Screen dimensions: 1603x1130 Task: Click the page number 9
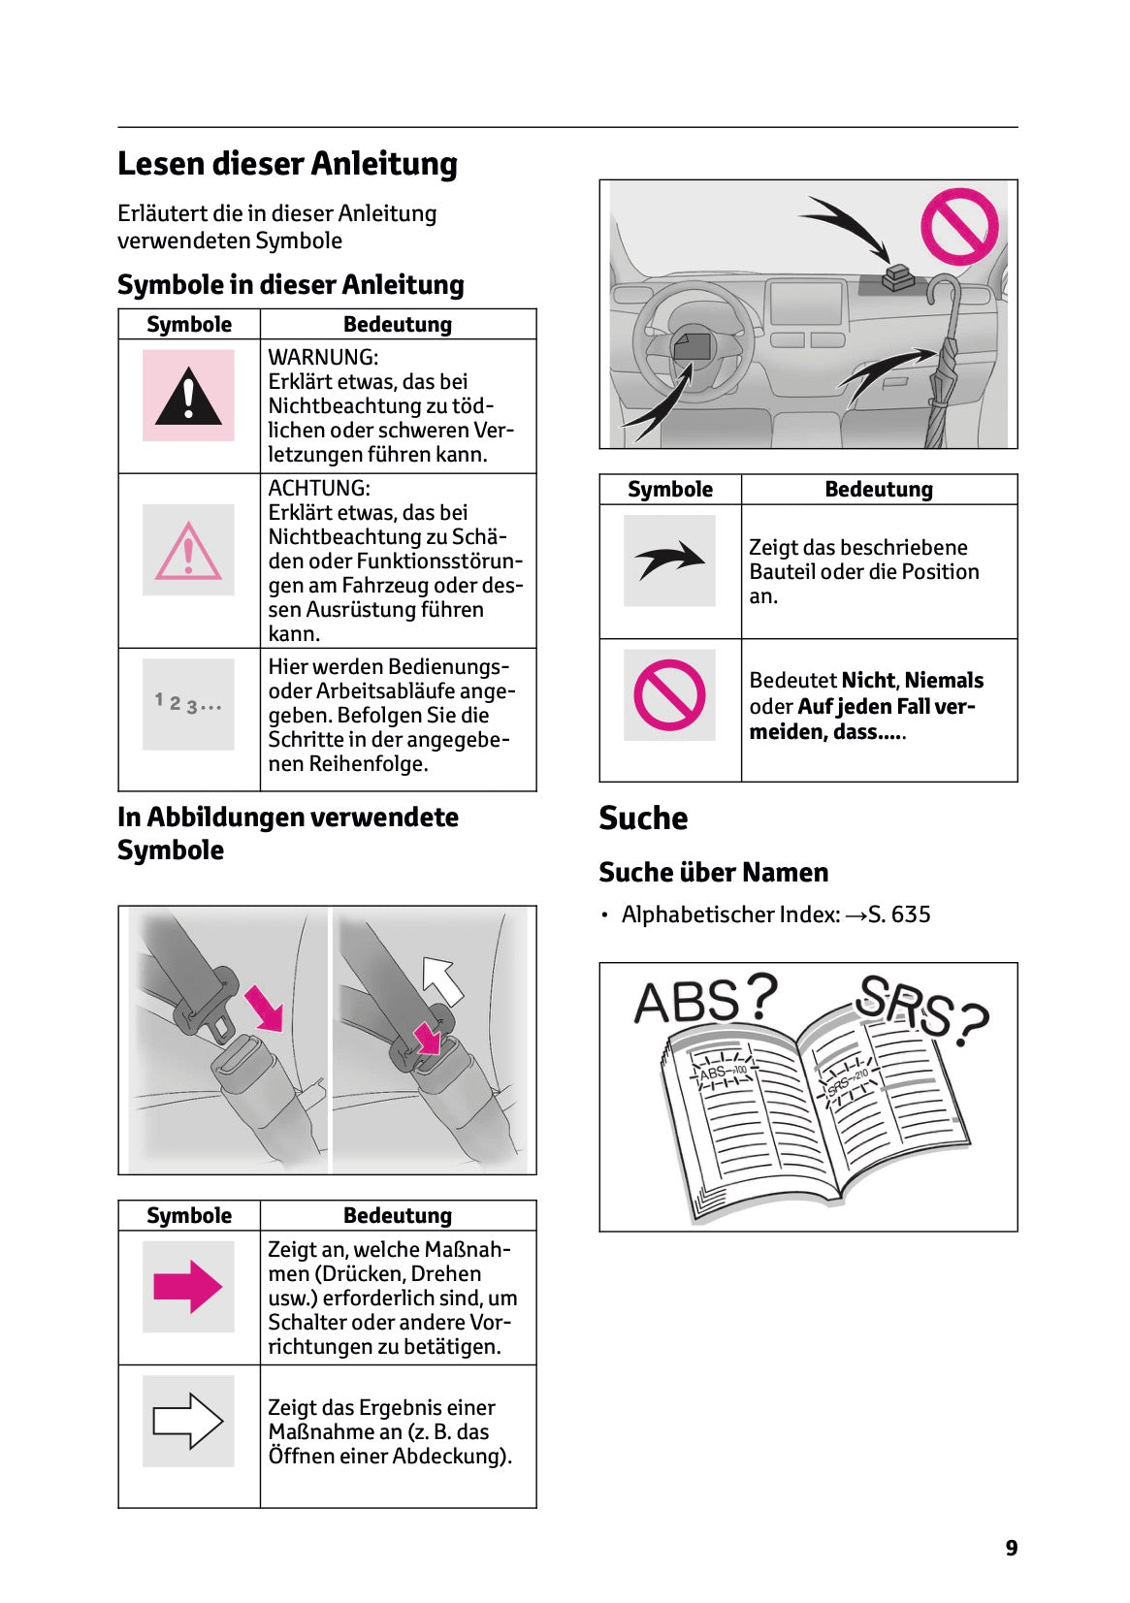point(1011,1548)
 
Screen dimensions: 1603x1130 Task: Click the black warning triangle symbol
point(188,398)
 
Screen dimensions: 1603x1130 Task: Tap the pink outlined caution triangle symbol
point(188,552)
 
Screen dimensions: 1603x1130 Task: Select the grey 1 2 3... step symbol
point(188,703)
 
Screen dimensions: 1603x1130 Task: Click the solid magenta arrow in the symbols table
point(188,1287)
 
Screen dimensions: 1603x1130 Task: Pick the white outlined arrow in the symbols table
point(188,1421)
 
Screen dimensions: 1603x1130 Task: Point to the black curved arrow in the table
point(669,560)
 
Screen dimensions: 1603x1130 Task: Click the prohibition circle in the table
point(669,694)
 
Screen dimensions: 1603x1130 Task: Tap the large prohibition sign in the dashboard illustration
point(958,226)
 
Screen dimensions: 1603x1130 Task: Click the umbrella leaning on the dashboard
point(943,369)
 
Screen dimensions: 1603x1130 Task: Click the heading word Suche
point(643,818)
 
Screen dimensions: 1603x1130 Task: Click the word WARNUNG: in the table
point(323,357)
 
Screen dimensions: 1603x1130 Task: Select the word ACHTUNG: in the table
point(319,488)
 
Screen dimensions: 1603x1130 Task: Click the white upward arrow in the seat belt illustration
point(443,978)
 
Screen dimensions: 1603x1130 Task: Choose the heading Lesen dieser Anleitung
point(287,164)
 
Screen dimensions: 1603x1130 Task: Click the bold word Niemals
point(943,681)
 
